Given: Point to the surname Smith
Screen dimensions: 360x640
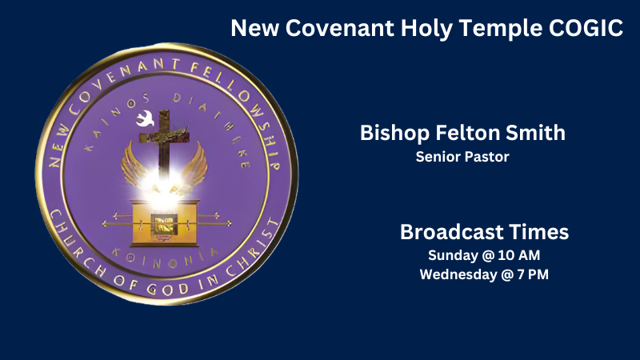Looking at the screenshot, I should coord(538,133).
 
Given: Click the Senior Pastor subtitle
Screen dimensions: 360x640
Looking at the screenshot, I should coord(462,157).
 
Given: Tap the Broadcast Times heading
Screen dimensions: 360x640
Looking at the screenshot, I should coord(484,232).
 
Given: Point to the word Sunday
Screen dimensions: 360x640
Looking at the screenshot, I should coord(452,256).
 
